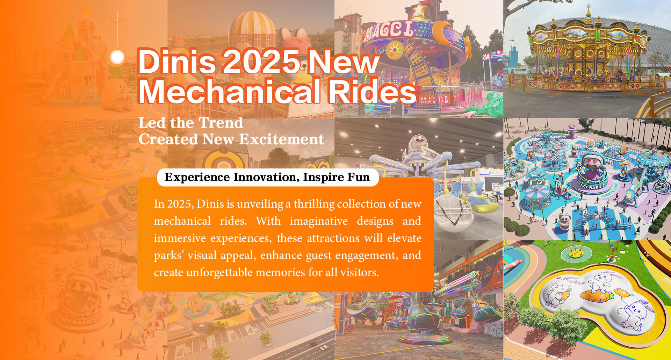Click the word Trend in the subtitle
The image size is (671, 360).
(220, 123)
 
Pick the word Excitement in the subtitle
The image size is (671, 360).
(282, 139)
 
